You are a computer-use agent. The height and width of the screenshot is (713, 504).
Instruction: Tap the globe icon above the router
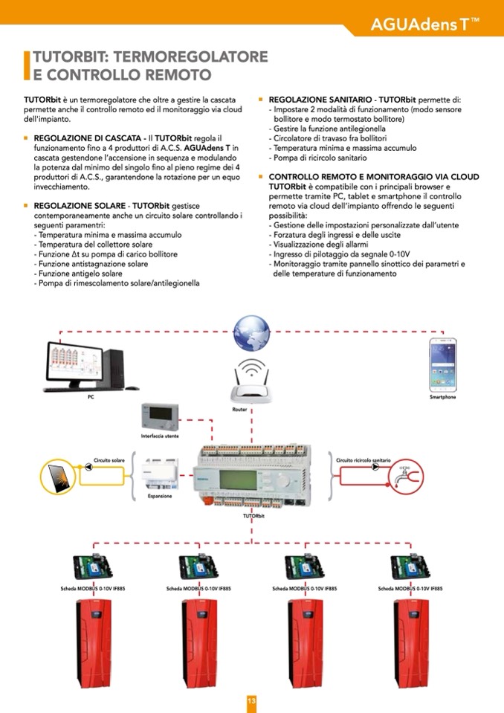(x=251, y=332)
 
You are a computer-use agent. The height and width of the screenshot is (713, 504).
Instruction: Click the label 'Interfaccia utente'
(x=160, y=436)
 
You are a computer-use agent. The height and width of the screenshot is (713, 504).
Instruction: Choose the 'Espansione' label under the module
(x=160, y=496)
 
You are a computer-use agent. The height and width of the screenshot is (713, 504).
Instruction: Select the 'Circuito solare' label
(x=109, y=460)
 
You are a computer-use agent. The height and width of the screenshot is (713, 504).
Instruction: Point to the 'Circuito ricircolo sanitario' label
(x=364, y=460)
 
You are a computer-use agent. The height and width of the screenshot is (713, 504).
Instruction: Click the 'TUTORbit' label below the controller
(x=253, y=515)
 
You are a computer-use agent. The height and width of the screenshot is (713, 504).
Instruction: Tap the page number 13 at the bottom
(x=251, y=701)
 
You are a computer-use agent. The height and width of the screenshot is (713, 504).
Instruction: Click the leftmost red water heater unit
(x=93, y=644)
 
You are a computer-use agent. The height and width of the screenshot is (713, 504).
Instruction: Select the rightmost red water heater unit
(x=411, y=644)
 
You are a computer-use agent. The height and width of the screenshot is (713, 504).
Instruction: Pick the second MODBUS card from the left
(x=199, y=569)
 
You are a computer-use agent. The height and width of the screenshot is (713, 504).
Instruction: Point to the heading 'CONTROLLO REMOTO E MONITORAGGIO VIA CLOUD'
(x=373, y=177)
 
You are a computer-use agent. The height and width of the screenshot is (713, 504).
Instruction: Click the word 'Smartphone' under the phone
(x=442, y=397)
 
